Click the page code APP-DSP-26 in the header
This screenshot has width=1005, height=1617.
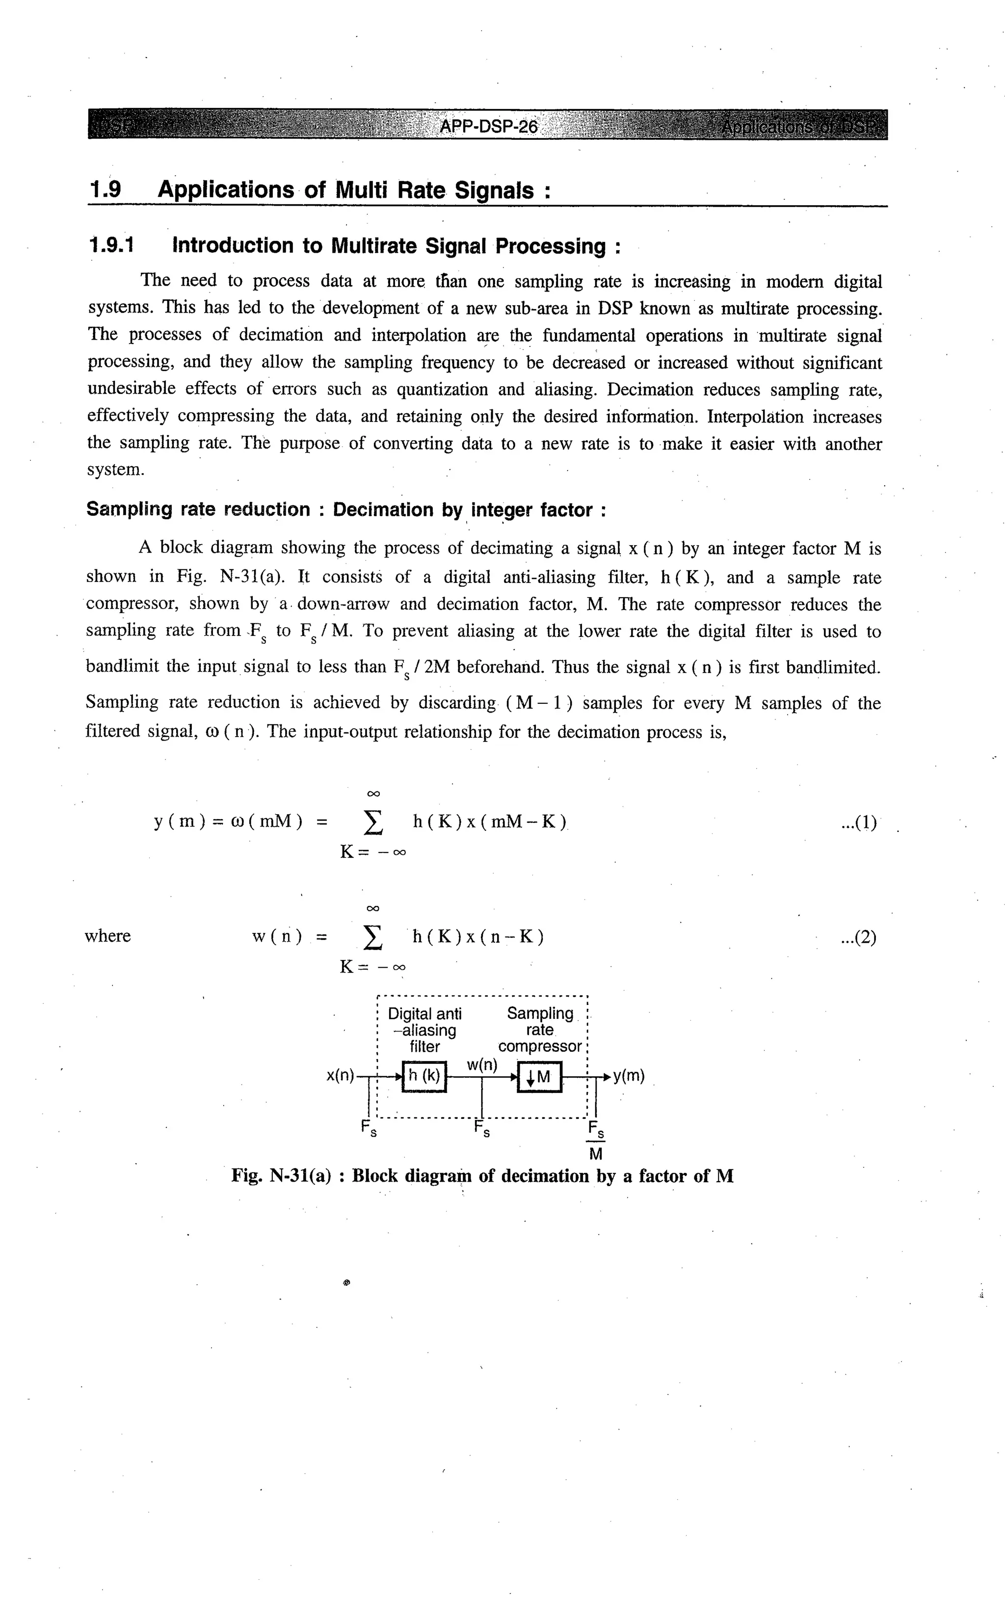tap(489, 126)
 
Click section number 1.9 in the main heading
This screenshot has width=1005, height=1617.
tap(106, 190)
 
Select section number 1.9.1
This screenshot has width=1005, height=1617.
tap(111, 246)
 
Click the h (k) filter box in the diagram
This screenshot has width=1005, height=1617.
tap(424, 1076)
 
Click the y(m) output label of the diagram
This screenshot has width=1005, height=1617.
tap(629, 1075)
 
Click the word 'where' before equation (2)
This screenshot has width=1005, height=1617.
tap(107, 936)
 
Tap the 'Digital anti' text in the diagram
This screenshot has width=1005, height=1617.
tap(425, 1013)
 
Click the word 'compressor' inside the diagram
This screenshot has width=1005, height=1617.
tap(540, 1046)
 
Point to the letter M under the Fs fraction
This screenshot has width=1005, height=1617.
tap(596, 1154)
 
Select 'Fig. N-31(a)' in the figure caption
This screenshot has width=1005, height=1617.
tap(281, 1176)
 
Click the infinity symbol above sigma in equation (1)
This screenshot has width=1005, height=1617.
tap(373, 794)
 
